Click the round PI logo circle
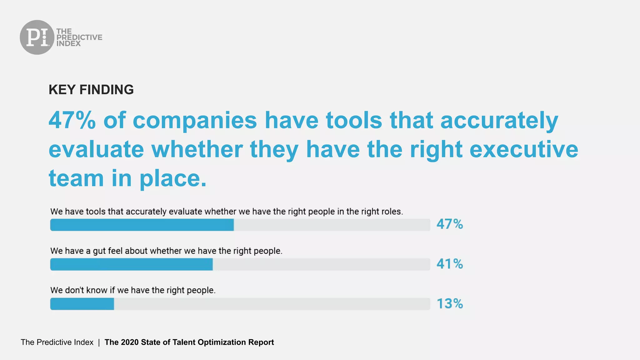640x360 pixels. [37, 37]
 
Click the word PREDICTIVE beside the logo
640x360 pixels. [79, 37]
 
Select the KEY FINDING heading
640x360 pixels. [91, 90]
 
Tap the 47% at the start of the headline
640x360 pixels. [72, 120]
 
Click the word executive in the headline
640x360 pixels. [524, 149]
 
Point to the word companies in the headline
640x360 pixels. [195, 120]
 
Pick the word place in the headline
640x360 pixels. [173, 178]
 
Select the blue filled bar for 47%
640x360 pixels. [142, 225]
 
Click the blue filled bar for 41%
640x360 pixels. [131, 264]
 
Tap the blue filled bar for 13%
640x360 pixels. [82, 304]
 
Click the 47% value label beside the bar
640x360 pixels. [450, 224]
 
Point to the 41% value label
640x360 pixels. [450, 264]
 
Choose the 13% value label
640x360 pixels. [450, 304]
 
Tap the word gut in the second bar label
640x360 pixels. [99, 251]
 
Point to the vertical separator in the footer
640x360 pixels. [99, 342]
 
